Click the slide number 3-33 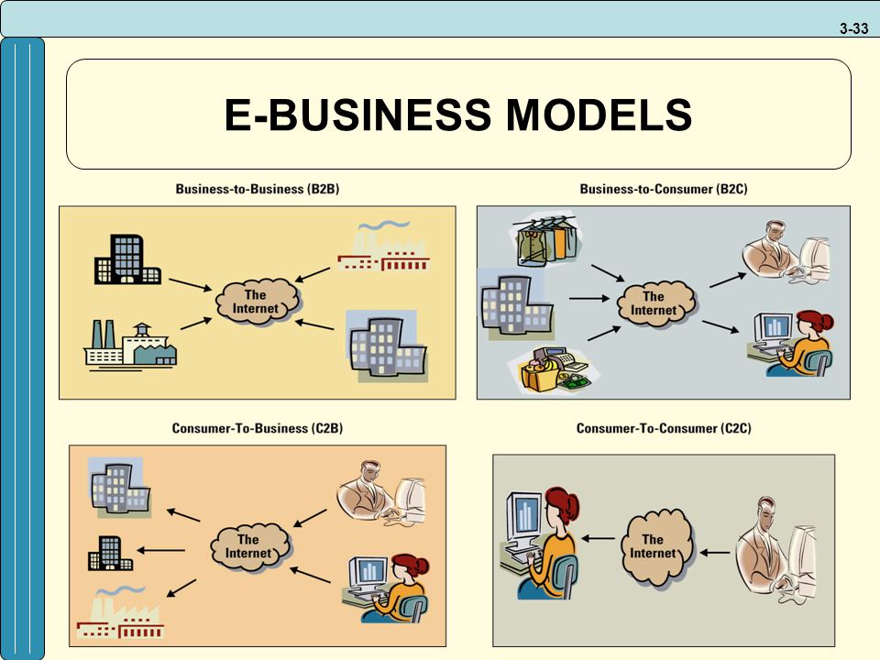pos(853,28)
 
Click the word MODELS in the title pos(599,115)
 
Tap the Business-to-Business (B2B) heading pos(258,189)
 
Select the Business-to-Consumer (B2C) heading pos(664,189)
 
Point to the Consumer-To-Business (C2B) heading pos(257,428)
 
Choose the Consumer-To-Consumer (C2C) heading pos(664,428)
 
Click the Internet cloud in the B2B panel pos(258,302)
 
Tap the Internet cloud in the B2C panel pos(655,303)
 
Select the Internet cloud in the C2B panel pos(250,546)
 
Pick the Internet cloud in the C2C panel pos(656,546)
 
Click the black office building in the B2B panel pos(127,259)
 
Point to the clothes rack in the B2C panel pos(546,241)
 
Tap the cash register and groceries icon pos(554,368)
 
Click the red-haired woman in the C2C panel pos(540,543)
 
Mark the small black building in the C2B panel pos(110,554)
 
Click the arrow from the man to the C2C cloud pos(715,553)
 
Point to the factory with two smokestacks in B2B pos(130,344)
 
